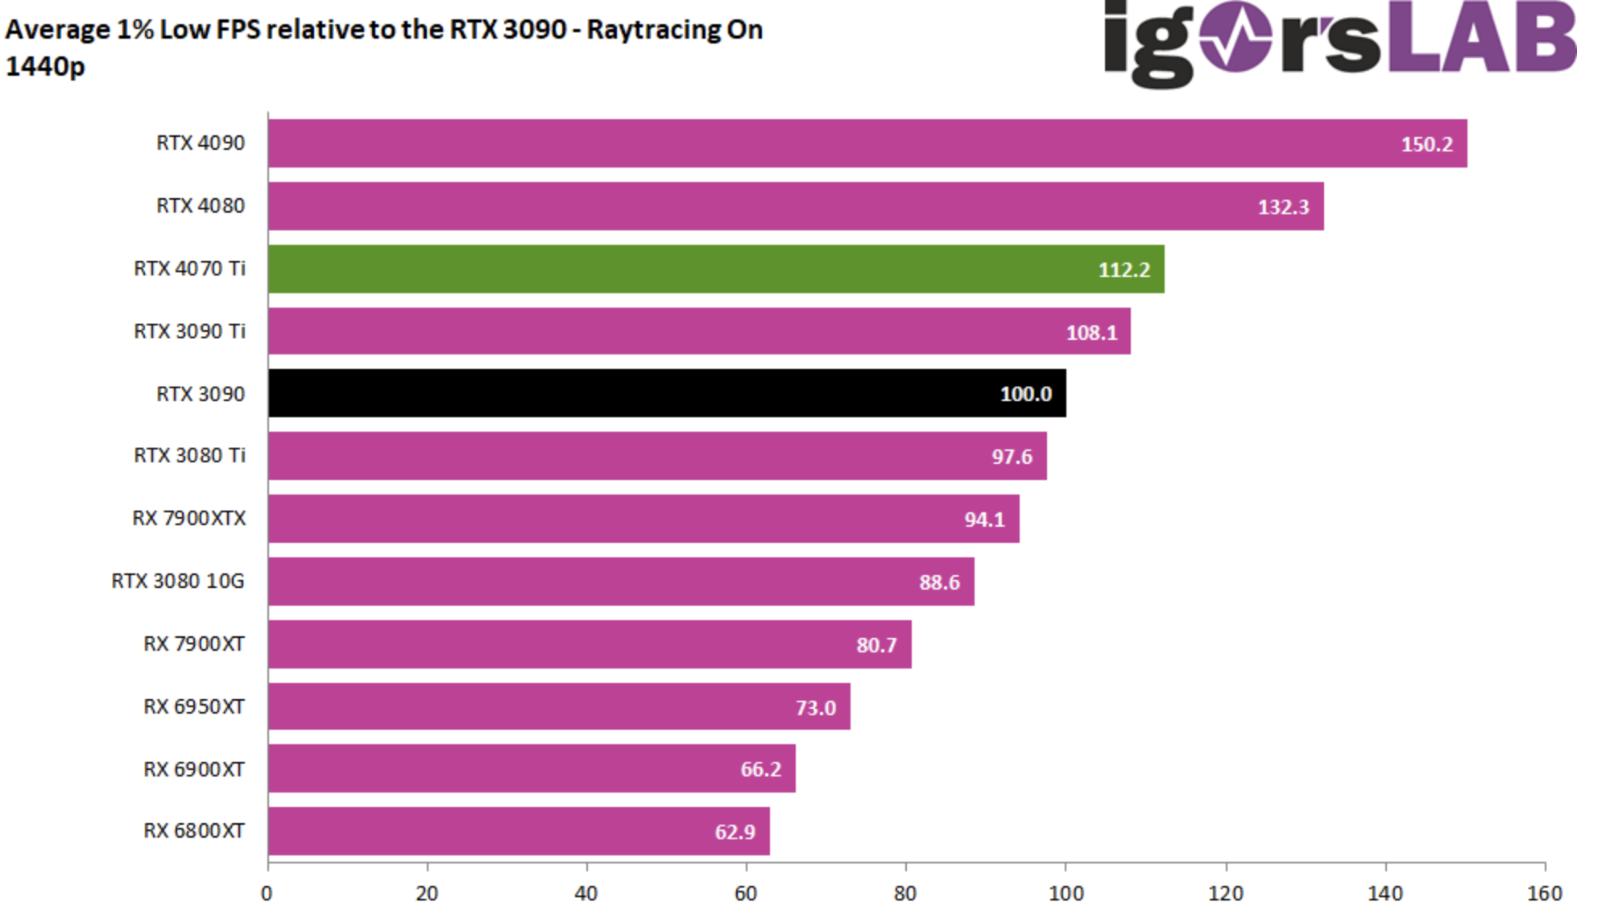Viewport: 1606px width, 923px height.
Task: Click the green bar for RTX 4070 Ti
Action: (x=715, y=269)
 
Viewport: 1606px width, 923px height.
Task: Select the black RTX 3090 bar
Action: (x=667, y=394)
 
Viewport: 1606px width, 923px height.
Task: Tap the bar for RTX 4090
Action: (x=867, y=143)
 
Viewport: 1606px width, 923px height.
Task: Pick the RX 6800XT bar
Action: (x=519, y=831)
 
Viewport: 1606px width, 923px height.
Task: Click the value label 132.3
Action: (x=1283, y=207)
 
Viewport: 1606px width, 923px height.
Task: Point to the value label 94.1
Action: (x=984, y=519)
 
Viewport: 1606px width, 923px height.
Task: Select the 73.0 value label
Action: (x=815, y=708)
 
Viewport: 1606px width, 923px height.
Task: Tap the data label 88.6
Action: (x=939, y=582)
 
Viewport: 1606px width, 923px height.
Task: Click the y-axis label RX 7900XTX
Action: (x=189, y=519)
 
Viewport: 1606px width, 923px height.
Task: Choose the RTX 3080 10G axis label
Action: (x=178, y=582)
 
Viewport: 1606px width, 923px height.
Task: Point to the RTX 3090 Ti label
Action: (x=189, y=331)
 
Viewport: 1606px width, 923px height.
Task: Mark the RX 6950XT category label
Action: (x=194, y=707)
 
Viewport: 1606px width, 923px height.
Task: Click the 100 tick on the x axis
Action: (x=1066, y=893)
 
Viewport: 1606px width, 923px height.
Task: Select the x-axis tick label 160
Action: (x=1544, y=893)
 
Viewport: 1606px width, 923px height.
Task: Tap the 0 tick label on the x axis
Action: (x=267, y=893)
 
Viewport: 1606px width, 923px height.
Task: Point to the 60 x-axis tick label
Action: (x=746, y=893)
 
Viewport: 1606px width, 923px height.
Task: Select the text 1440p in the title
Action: (x=45, y=66)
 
